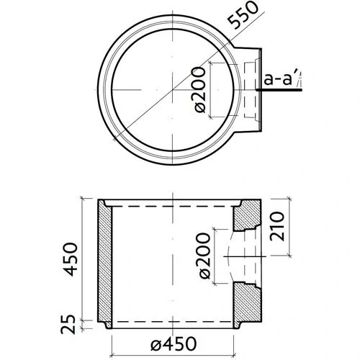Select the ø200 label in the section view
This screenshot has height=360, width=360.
(203, 257)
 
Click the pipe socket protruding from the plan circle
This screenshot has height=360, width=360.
(249, 89)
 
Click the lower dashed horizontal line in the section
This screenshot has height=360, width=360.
(173, 321)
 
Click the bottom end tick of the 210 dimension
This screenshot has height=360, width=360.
(288, 255)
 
